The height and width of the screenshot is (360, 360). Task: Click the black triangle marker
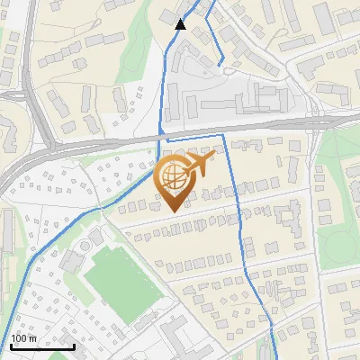(181, 24)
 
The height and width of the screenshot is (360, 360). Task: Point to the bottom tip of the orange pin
(173, 210)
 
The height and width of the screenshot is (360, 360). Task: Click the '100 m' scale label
(23, 338)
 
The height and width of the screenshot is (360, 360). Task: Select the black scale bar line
(41, 346)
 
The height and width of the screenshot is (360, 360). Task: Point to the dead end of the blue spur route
(222, 63)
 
